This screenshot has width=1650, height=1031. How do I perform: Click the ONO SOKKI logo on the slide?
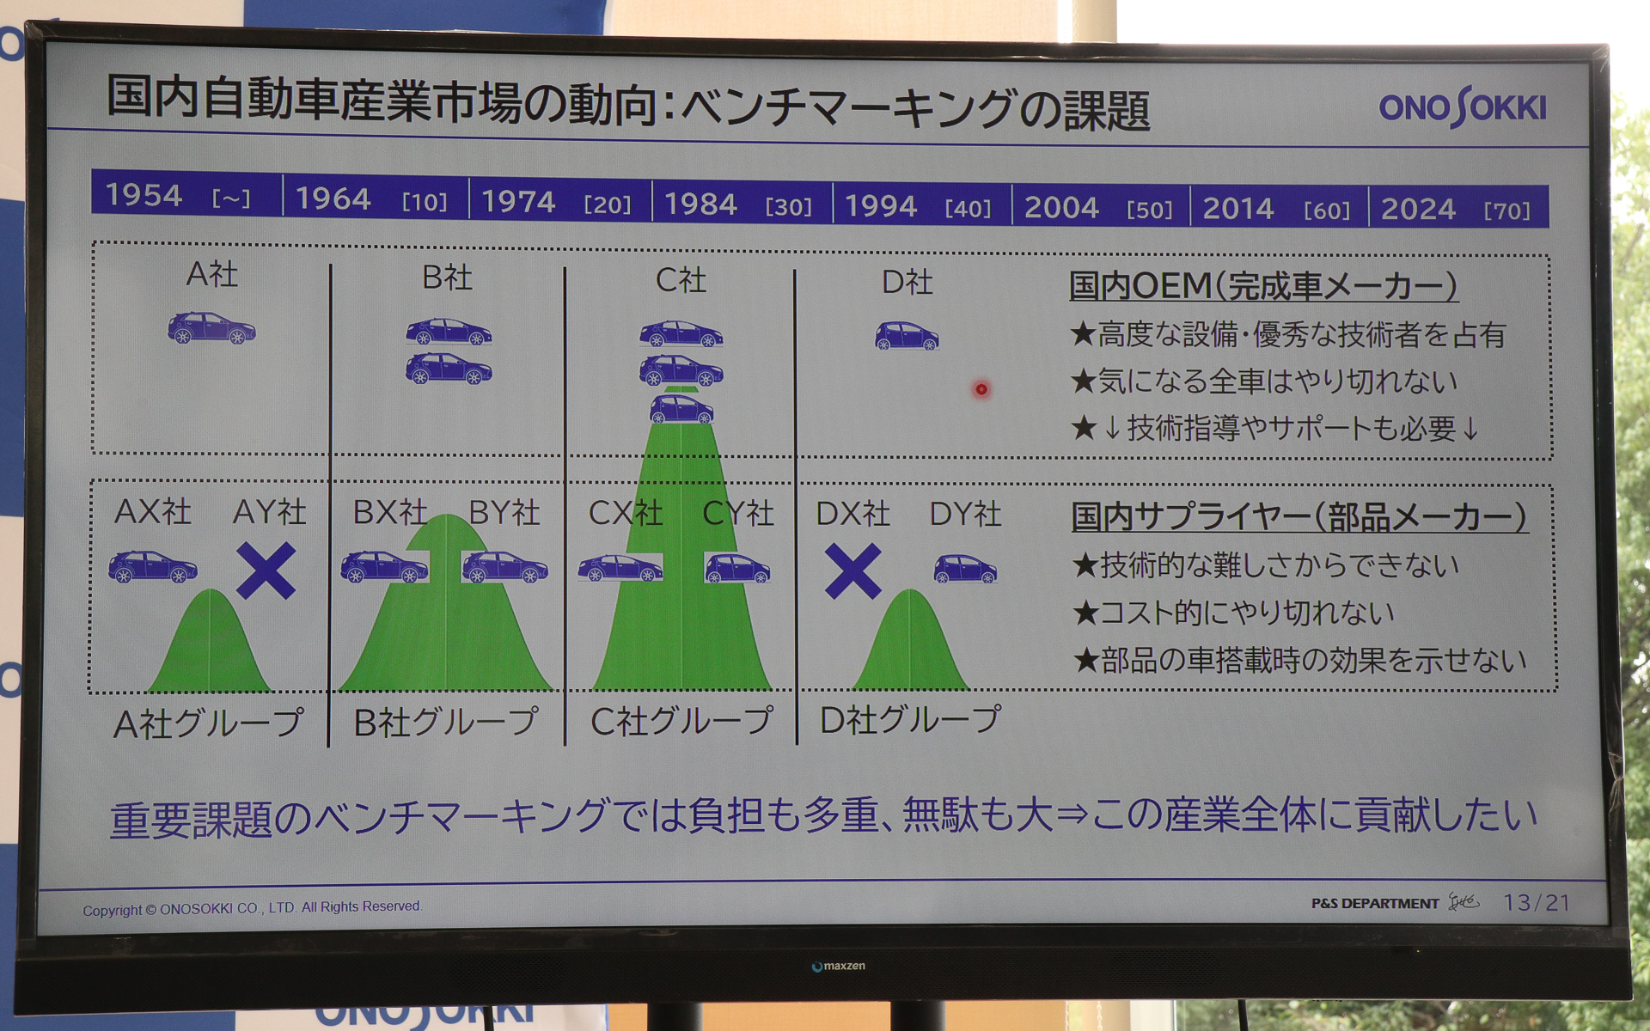click(1462, 107)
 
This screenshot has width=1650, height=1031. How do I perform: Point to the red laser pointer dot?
click(981, 389)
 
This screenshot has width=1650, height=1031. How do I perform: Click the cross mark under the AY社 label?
click(266, 570)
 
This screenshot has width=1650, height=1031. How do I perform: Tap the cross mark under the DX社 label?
click(852, 571)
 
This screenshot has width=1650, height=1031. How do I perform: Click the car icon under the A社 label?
click(211, 327)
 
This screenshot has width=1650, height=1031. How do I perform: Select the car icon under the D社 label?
click(907, 335)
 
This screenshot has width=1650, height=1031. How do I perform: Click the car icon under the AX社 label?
click(152, 566)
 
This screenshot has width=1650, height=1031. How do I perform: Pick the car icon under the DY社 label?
click(965, 568)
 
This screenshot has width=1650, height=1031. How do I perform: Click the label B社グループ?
click(446, 723)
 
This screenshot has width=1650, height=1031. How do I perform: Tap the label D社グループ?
click(910, 719)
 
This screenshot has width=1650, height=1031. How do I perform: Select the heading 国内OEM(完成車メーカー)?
click(1262, 285)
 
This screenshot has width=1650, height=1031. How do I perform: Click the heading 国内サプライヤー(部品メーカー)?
click(1299, 516)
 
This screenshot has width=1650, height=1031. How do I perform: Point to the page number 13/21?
click(1536, 902)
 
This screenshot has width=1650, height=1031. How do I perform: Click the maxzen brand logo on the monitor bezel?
click(839, 966)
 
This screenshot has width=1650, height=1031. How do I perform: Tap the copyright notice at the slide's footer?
click(252, 907)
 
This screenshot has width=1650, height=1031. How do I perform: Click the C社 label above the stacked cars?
click(681, 279)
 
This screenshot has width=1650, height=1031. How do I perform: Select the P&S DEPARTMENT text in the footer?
click(1374, 903)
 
